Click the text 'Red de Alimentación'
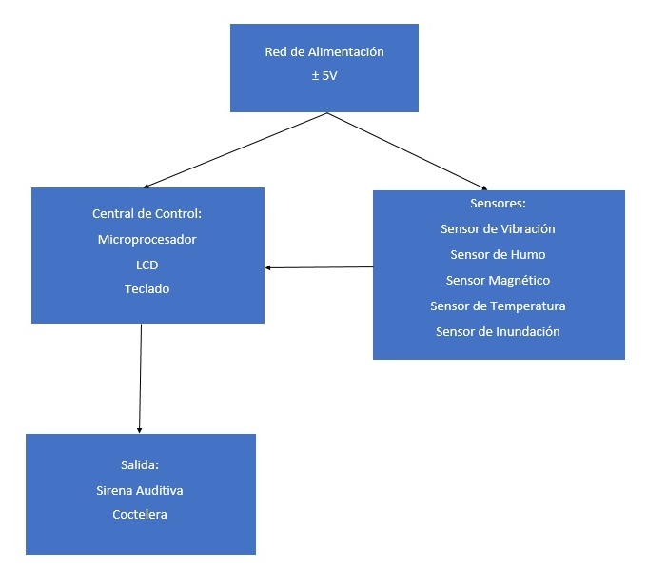pyautogui.click(x=324, y=52)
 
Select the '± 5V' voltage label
pyautogui.click(x=323, y=74)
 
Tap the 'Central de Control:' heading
pyautogui.click(x=147, y=214)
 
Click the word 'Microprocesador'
pyautogui.click(x=147, y=239)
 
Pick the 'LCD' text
pyautogui.click(x=147, y=264)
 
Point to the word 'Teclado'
pyautogui.click(x=147, y=288)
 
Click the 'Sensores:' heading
pyautogui.click(x=498, y=204)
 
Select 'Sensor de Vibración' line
pyautogui.click(x=498, y=229)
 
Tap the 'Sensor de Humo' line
pyautogui.click(x=498, y=255)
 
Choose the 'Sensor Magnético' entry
pyautogui.click(x=498, y=281)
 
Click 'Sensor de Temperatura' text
pyautogui.click(x=498, y=306)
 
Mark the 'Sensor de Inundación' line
pyautogui.click(x=498, y=332)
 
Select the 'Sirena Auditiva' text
pyautogui.click(x=139, y=490)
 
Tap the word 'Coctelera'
pyautogui.click(x=139, y=515)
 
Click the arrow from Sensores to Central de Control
pyautogui.click(x=319, y=267)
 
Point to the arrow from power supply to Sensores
pyautogui.click(x=407, y=151)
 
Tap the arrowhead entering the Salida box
pyautogui.click(x=140, y=428)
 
